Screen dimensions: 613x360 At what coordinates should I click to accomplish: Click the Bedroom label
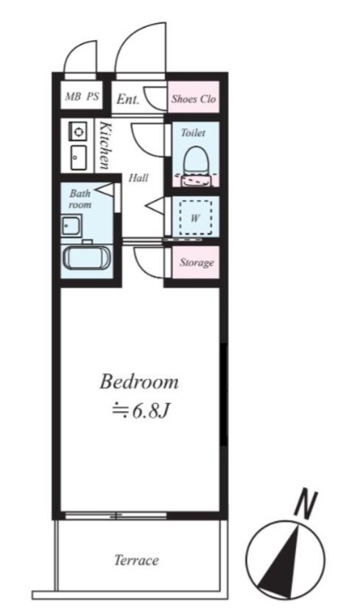pos(139,381)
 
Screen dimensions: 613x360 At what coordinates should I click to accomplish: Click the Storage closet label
pos(196,263)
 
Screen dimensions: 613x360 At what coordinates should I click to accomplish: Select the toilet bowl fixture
pos(194,162)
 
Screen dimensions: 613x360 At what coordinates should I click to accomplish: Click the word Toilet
pos(194,133)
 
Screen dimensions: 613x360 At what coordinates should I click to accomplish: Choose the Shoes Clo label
pos(196,100)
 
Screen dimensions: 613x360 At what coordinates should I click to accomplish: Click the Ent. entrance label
pos(127,100)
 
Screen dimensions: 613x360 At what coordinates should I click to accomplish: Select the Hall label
pos(138,177)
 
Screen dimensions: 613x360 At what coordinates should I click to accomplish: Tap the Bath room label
pos(81,198)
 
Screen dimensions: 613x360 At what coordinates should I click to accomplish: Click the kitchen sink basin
pos(77,159)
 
